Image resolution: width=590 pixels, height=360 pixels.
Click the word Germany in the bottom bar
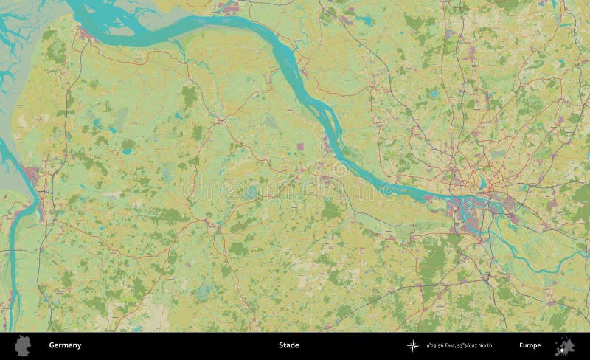(65, 345)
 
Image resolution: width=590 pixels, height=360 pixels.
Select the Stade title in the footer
(288, 345)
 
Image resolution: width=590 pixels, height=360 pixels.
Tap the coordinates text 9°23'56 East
(438, 345)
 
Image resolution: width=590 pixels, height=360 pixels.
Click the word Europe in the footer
(530, 345)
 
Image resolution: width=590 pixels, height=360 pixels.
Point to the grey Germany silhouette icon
(24, 345)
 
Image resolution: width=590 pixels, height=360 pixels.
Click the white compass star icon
(412, 345)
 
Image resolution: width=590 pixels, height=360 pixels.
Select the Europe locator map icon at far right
(566, 345)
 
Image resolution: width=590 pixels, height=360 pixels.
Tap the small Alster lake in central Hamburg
(482, 184)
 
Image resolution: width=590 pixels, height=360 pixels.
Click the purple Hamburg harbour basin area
(469, 210)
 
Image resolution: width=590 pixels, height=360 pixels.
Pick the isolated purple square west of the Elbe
(300, 147)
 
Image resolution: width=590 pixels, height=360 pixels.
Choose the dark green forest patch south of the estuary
(190, 96)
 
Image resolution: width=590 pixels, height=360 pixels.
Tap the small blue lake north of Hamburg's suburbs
(433, 94)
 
